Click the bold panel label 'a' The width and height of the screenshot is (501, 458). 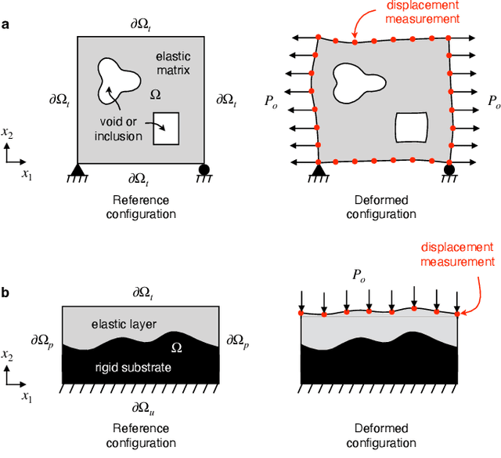[5, 25]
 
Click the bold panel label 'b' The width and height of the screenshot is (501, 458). [5, 294]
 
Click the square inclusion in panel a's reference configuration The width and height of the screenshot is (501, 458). [165, 128]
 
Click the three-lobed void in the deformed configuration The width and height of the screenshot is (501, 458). [355, 79]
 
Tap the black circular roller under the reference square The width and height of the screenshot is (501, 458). [204, 168]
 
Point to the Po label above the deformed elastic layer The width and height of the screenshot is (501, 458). [381, 277]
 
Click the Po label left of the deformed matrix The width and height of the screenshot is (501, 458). [271, 100]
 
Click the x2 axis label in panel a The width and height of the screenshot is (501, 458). [8, 133]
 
